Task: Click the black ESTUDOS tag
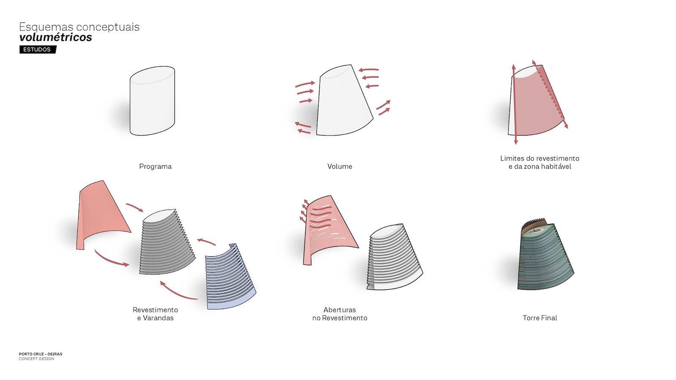(x=38, y=49)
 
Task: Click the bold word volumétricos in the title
(x=55, y=38)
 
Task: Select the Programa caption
(x=155, y=166)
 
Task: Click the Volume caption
(x=340, y=166)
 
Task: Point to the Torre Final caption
(x=540, y=318)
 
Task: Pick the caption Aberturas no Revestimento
(x=340, y=314)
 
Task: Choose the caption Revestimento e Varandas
(x=155, y=314)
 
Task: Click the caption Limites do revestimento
(x=540, y=158)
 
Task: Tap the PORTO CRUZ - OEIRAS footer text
(x=41, y=354)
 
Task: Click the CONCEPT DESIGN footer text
(x=36, y=359)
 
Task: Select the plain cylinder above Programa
(x=152, y=101)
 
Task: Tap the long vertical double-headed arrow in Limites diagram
(x=515, y=104)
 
